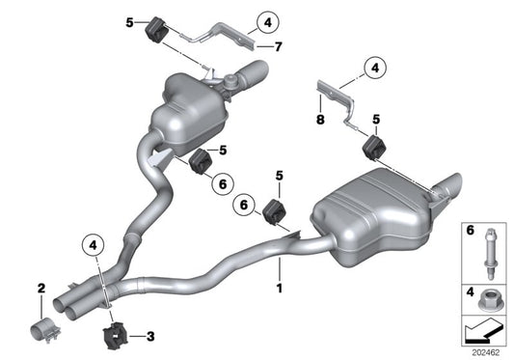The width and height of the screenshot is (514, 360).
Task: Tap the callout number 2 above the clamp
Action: point(41,288)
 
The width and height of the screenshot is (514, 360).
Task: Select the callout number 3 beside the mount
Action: point(150,336)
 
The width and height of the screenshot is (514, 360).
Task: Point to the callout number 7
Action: point(278,46)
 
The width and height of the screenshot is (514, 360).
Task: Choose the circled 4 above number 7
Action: point(266,18)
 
